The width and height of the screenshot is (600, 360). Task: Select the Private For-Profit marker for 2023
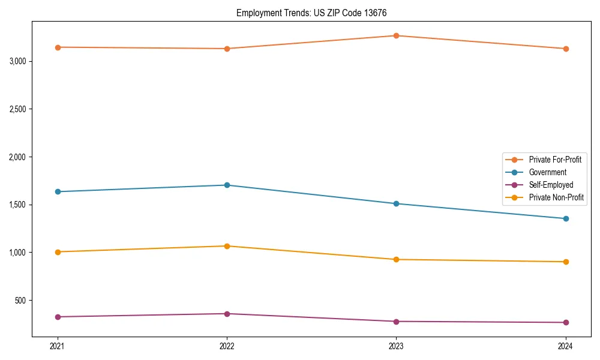(x=396, y=35)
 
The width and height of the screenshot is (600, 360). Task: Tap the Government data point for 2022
(x=227, y=185)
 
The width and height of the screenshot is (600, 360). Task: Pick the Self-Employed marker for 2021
(x=58, y=317)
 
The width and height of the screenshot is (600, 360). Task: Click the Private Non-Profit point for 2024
(x=565, y=262)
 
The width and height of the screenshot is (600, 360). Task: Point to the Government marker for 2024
(x=565, y=218)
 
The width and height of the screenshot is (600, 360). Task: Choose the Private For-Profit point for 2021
(x=58, y=47)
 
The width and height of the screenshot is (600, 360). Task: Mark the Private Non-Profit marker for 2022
(x=227, y=246)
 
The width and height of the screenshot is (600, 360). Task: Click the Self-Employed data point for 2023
(x=396, y=322)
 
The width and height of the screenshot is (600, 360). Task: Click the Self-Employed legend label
(x=551, y=185)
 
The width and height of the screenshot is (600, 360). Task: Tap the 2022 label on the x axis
(x=227, y=346)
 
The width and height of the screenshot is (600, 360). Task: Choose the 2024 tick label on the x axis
(x=565, y=346)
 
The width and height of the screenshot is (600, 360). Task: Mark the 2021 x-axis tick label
(x=58, y=346)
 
